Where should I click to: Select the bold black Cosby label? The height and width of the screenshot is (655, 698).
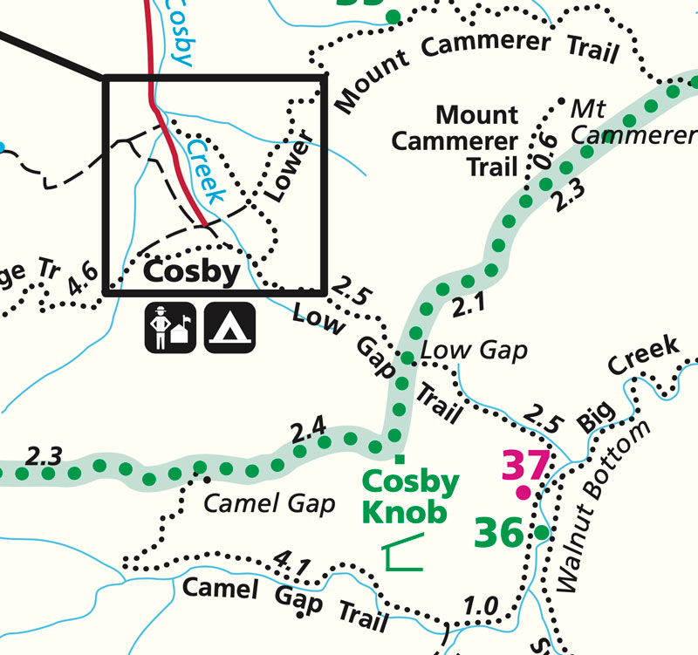191,271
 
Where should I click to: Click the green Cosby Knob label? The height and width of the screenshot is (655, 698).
409,496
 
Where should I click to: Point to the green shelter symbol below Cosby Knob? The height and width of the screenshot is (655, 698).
402,553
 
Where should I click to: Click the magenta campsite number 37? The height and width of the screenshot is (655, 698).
526,466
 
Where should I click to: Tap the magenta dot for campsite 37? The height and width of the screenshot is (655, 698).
523,494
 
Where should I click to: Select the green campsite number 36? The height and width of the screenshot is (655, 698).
499,532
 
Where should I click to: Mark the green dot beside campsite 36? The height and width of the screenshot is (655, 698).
541,532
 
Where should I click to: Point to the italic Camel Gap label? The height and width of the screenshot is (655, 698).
270,503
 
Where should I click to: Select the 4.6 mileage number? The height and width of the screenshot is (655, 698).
84,281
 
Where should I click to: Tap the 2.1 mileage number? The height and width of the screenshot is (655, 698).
468,305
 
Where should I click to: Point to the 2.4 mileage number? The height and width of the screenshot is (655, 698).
309,429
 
